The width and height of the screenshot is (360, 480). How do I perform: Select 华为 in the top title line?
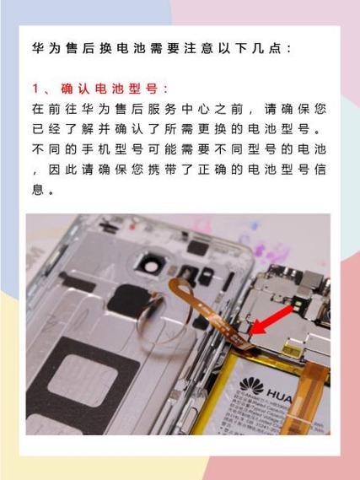[45, 48]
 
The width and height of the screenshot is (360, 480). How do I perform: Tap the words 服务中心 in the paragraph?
[185, 110]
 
